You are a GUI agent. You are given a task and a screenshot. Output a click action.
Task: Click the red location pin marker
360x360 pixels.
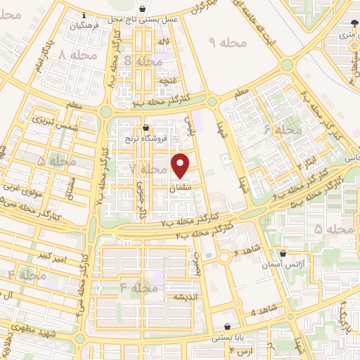(181, 166)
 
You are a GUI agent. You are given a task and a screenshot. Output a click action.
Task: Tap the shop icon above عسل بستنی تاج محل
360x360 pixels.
(143, 9)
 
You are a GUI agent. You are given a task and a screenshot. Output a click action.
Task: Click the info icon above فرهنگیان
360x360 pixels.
(84, 15)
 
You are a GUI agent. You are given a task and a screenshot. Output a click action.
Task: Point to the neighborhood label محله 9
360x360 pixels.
(229, 43)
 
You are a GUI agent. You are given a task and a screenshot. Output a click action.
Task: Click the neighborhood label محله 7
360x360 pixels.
(146, 169)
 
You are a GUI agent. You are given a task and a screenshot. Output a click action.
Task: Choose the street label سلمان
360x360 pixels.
(181, 189)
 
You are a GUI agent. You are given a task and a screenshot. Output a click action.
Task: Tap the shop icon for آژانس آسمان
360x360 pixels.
(283, 253)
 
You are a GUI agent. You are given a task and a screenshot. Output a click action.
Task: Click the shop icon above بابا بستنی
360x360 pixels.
(229, 327)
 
